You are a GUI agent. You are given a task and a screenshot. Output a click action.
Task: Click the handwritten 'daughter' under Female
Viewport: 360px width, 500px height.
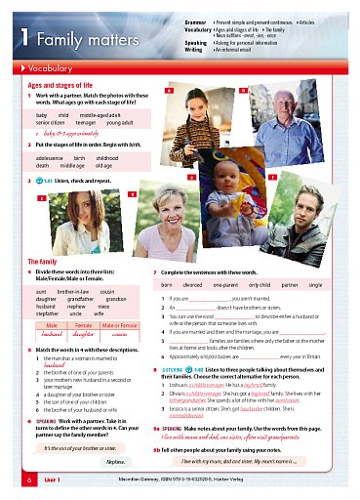point(89,334)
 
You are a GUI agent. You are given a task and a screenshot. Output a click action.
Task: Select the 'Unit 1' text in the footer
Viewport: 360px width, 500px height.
point(52,481)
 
